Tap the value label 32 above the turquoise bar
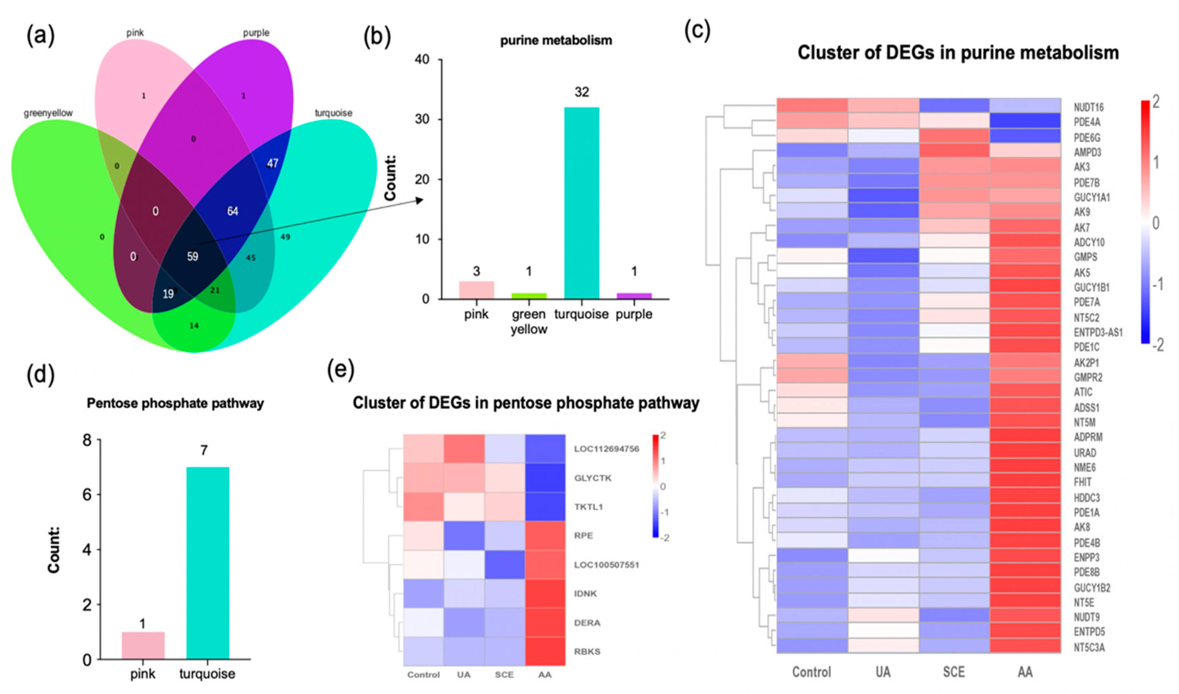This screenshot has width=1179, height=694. pos(582,92)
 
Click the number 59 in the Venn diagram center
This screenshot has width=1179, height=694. pos(192,256)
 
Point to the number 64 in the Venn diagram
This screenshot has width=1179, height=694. pos(233,211)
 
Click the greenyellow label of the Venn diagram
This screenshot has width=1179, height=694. pos(48,113)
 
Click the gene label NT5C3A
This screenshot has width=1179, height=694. pos(1089,648)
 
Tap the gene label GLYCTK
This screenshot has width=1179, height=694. pos(593,478)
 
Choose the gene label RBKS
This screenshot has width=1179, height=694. pos(587,651)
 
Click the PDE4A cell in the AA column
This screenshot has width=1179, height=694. pos(1025,121)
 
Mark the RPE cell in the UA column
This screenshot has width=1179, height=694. pos(464,536)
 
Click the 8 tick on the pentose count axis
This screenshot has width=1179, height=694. pos(87,440)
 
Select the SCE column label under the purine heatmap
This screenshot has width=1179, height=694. pos(953,672)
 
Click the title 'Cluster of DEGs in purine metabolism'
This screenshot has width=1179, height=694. pos(958,52)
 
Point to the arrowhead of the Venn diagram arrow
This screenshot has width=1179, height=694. pos(420,200)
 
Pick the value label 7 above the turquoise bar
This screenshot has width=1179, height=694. pos(204,450)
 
